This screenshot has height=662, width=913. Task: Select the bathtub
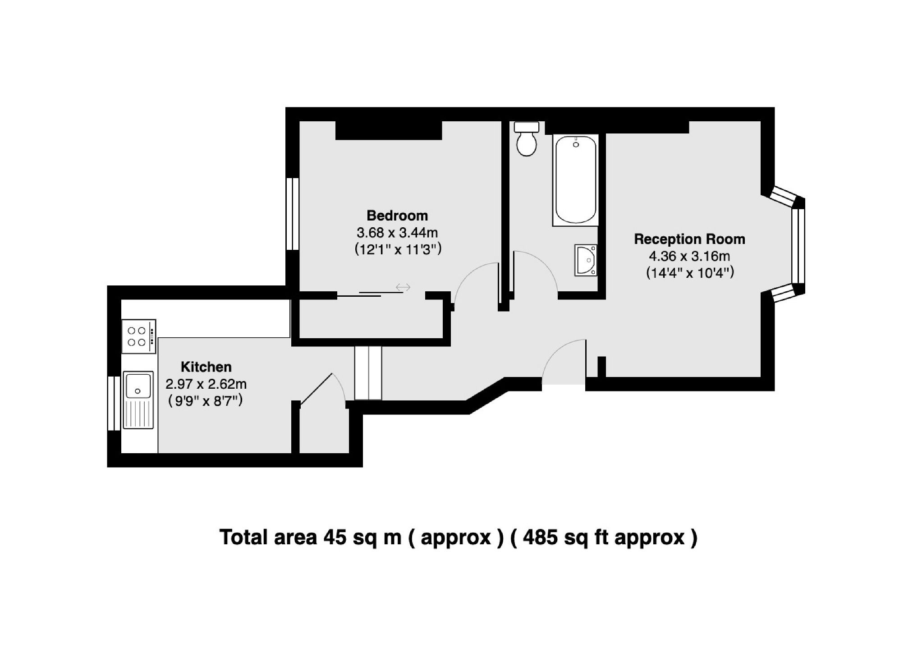pos(576,180)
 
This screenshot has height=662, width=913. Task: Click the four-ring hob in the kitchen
pos(138,336)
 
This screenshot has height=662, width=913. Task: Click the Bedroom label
pos(397,216)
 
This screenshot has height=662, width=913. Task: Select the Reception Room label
pos(689,239)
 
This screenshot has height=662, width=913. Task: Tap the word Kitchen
pos(206,367)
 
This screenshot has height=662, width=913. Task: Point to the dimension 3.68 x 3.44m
pos(397,233)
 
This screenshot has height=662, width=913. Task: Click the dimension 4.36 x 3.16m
pos(689,256)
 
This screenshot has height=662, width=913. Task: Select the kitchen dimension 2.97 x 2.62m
pos(206,384)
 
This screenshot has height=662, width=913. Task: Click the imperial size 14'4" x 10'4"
pos(690,273)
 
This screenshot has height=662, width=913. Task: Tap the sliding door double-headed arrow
pos(403,287)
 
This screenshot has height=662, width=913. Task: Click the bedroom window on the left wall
pos(293,214)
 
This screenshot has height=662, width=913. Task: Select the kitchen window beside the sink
pos(114,403)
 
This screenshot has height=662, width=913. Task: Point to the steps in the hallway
pos(368,373)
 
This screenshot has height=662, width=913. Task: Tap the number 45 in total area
pos(335,538)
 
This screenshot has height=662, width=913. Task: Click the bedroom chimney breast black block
pos(388,130)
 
